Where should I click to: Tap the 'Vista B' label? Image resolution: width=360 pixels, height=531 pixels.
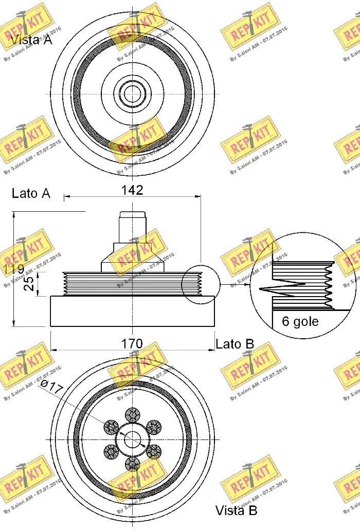click(236, 510)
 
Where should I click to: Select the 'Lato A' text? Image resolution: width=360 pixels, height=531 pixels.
click(31, 193)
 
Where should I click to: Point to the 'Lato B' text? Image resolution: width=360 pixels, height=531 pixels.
click(235, 344)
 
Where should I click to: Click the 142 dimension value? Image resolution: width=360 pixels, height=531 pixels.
click(132, 190)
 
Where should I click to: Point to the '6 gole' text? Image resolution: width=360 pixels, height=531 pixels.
click(300, 322)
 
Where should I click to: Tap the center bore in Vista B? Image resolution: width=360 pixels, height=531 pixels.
click(133, 440)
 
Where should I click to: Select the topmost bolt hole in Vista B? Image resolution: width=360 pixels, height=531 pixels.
click(133, 414)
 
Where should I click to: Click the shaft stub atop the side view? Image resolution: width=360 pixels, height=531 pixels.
click(133, 226)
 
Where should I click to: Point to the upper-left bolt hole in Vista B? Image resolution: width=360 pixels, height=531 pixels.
click(111, 426)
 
